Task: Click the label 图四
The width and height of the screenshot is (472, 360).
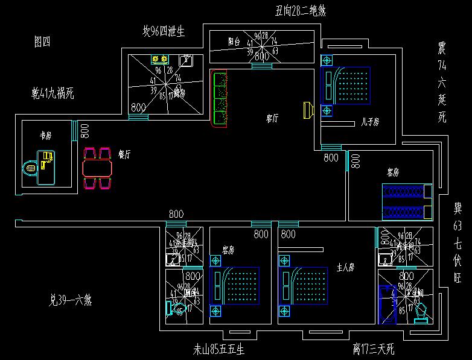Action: (x=42, y=42)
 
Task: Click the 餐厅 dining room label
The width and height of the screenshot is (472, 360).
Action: (x=125, y=154)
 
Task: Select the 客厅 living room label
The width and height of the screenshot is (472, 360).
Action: (x=272, y=119)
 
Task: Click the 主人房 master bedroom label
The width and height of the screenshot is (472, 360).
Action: (x=345, y=267)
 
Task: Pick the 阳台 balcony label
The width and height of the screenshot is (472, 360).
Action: (x=234, y=42)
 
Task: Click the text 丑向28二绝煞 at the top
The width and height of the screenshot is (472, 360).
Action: (x=292, y=10)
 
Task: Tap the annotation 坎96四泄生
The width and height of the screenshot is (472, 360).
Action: (x=164, y=31)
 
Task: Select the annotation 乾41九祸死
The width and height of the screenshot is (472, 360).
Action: (x=53, y=93)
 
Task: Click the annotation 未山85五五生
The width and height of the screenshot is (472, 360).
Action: (x=218, y=349)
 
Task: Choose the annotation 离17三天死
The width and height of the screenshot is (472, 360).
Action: (x=373, y=349)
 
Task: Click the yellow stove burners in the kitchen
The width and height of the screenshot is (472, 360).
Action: (x=160, y=59)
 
